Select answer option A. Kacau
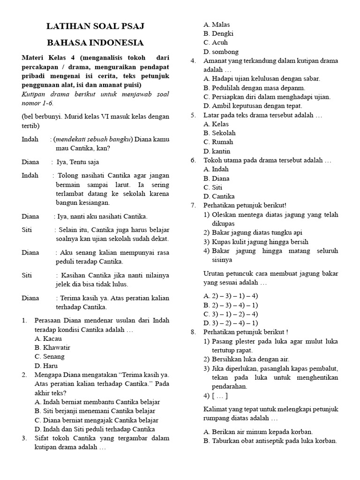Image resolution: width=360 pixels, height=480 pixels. pos(49,338)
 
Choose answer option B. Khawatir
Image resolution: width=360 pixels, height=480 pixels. pos(52,347)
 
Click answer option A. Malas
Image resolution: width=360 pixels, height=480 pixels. pos(217,24)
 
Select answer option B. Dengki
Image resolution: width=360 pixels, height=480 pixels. pos(218,34)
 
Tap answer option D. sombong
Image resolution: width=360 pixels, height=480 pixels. pos(221,52)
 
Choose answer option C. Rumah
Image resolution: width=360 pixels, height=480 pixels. pos(218,142)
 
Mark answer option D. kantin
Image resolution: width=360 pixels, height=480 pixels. pos(217,151)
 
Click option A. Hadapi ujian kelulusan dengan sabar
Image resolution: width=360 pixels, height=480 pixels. pos(262,79)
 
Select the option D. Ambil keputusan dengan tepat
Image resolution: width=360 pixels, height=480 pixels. pos(254,106)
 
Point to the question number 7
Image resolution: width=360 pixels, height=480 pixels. pos(193,205)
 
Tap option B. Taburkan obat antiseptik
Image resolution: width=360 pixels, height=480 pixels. pos(270,441)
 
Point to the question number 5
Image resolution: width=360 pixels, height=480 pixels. pos(193,115)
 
